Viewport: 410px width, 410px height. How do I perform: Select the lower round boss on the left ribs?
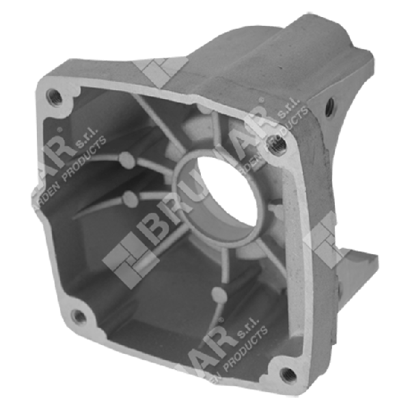pyautogui.click(x=128, y=200)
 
